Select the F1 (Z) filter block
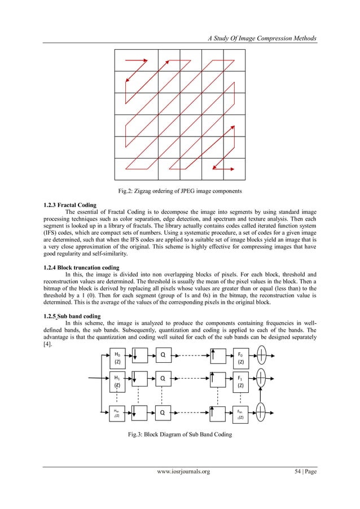[241, 382]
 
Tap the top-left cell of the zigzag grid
[136, 60]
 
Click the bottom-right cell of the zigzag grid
[235, 170]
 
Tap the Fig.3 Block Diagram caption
[180, 435]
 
